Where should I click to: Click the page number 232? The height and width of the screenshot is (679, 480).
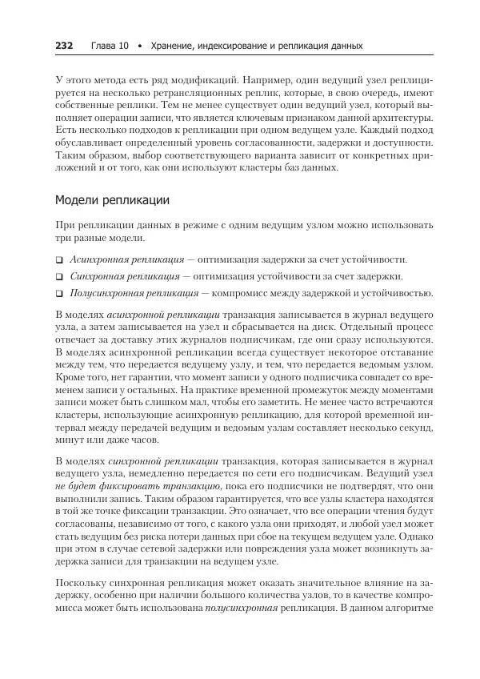click(64, 46)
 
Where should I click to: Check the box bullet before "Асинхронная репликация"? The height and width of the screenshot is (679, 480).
click(59, 260)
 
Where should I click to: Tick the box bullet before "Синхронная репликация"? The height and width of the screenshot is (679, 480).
click(59, 276)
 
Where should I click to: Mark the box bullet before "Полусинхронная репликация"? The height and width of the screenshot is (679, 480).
click(59, 293)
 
